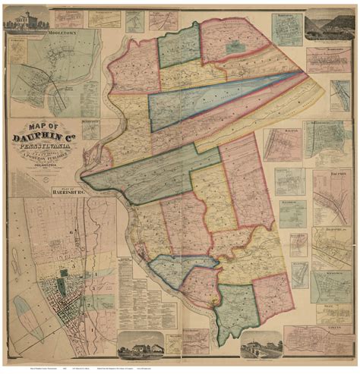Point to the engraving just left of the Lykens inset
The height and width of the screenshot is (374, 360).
[x=261, y=344]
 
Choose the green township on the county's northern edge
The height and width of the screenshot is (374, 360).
[x=179, y=46]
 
